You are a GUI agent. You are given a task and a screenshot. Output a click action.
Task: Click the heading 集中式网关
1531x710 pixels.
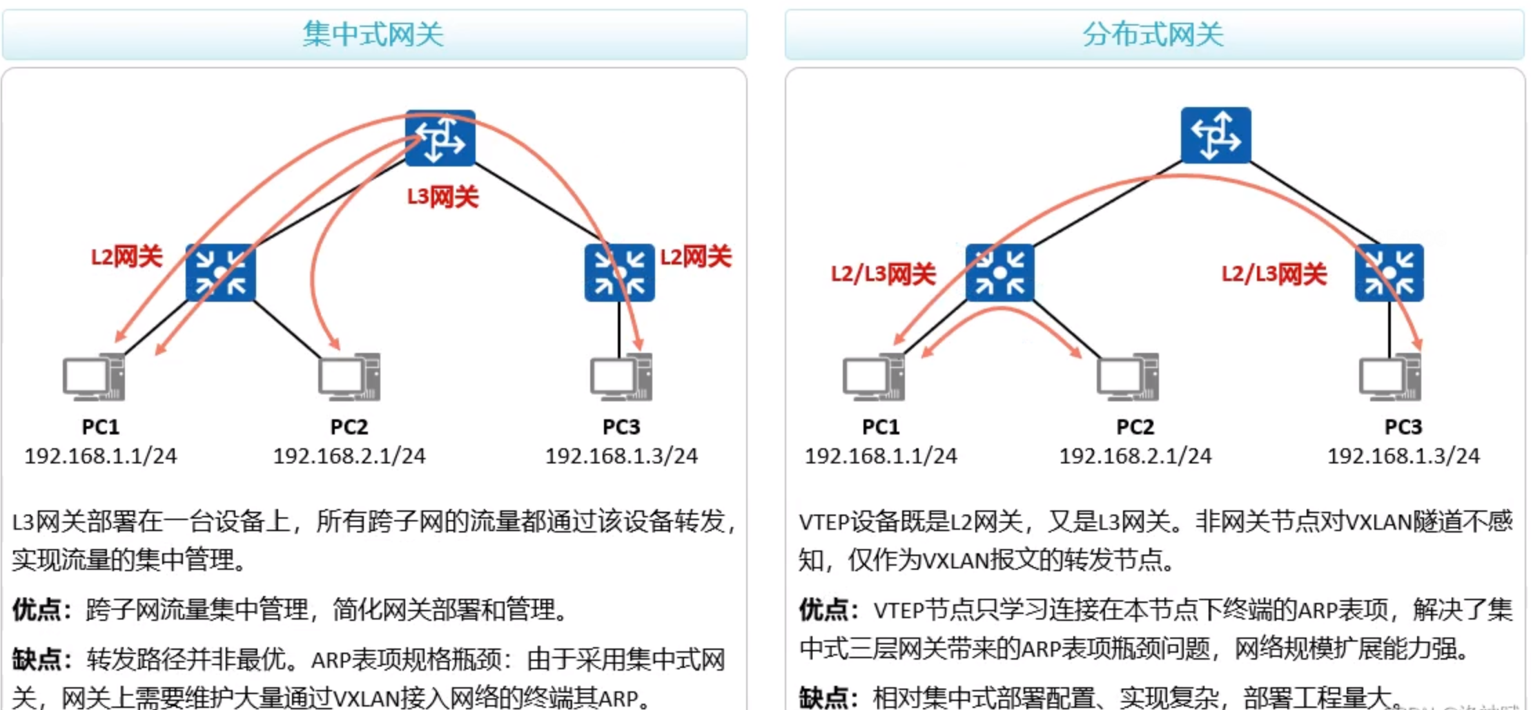373,34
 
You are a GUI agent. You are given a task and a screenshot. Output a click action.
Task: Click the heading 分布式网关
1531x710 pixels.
1153,34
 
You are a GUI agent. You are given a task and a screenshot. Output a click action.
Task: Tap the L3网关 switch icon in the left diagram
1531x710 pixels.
440,138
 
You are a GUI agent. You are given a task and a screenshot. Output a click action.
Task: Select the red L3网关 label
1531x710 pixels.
442,198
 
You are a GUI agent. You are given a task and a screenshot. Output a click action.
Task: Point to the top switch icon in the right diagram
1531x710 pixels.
1216,135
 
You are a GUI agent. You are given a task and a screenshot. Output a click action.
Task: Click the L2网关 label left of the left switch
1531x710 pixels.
126,257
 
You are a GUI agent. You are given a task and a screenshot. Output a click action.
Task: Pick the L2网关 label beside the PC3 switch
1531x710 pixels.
695,257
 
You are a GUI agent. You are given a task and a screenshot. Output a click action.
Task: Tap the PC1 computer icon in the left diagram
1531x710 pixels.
94,377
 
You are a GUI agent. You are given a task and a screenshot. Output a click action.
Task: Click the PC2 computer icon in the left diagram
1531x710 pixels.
349,377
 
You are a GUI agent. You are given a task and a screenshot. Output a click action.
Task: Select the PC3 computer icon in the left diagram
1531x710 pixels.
621,377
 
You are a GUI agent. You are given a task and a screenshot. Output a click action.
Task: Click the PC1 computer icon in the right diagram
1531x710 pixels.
874,377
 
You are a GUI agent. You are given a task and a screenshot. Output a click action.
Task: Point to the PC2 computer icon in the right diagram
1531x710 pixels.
1128,377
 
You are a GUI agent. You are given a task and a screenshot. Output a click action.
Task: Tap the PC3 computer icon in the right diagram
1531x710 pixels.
1390,377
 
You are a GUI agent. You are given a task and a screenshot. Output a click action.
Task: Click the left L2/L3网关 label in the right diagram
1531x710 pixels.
883,274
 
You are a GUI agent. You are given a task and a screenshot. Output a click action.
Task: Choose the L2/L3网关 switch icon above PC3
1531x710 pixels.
1389,273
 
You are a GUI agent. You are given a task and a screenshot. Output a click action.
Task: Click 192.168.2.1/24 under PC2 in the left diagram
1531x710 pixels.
349,456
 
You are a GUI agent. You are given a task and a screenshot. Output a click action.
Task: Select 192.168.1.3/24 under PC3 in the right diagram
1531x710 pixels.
1403,456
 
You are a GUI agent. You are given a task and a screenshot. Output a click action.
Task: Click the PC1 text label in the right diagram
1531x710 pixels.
881,427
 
